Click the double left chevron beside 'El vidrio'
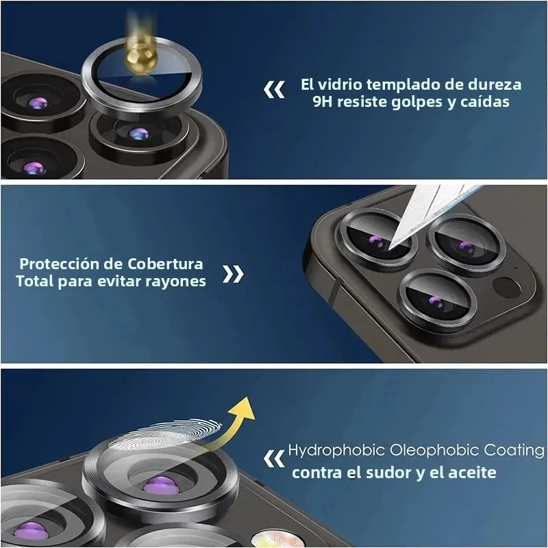click(275, 89)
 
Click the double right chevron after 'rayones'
click(234, 275)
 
